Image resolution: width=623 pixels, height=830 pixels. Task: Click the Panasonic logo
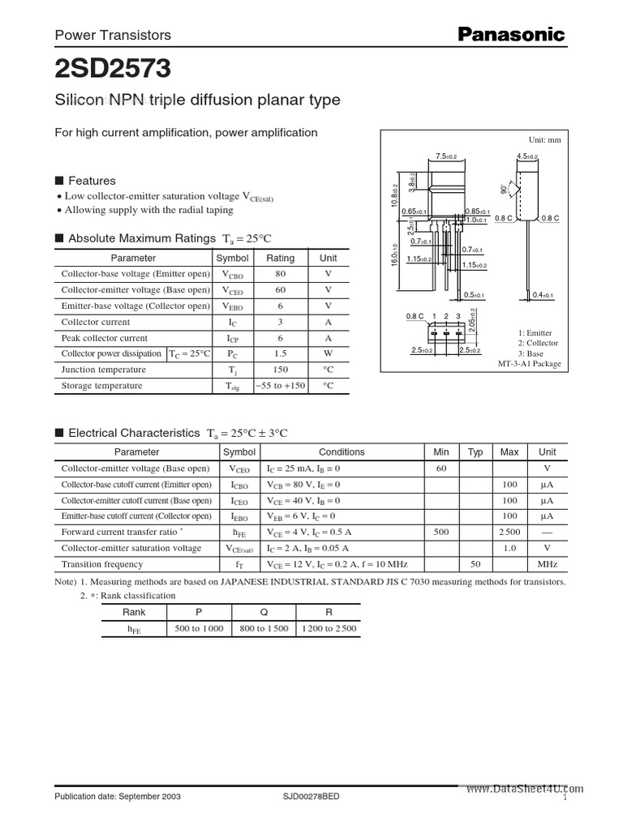point(511,34)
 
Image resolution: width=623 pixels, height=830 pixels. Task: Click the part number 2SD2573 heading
point(113,69)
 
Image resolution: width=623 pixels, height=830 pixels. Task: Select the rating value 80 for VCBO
point(281,274)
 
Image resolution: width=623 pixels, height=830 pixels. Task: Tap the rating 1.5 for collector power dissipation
point(281,354)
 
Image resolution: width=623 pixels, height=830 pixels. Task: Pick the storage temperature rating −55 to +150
point(281,386)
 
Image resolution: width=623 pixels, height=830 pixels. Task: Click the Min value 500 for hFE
point(441,532)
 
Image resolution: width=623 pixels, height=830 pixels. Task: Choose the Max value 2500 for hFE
point(509,532)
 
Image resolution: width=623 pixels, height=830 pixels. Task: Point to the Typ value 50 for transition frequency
point(476,564)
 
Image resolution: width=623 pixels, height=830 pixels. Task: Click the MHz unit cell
point(548,564)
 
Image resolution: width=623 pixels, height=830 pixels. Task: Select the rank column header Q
point(264,612)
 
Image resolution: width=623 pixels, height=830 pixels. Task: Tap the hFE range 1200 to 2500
point(328,628)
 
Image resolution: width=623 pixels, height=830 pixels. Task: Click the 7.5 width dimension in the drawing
point(446,156)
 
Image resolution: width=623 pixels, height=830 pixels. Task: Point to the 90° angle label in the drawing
point(505,189)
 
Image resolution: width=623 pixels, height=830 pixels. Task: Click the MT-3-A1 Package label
point(529,364)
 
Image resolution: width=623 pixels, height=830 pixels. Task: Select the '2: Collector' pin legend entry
point(537,343)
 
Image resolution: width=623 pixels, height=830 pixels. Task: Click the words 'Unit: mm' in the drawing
point(544,140)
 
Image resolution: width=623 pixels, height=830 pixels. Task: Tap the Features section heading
point(92,181)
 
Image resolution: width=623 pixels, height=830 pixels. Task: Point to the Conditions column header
point(342,451)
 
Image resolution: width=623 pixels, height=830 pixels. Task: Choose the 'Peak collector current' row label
point(105,338)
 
